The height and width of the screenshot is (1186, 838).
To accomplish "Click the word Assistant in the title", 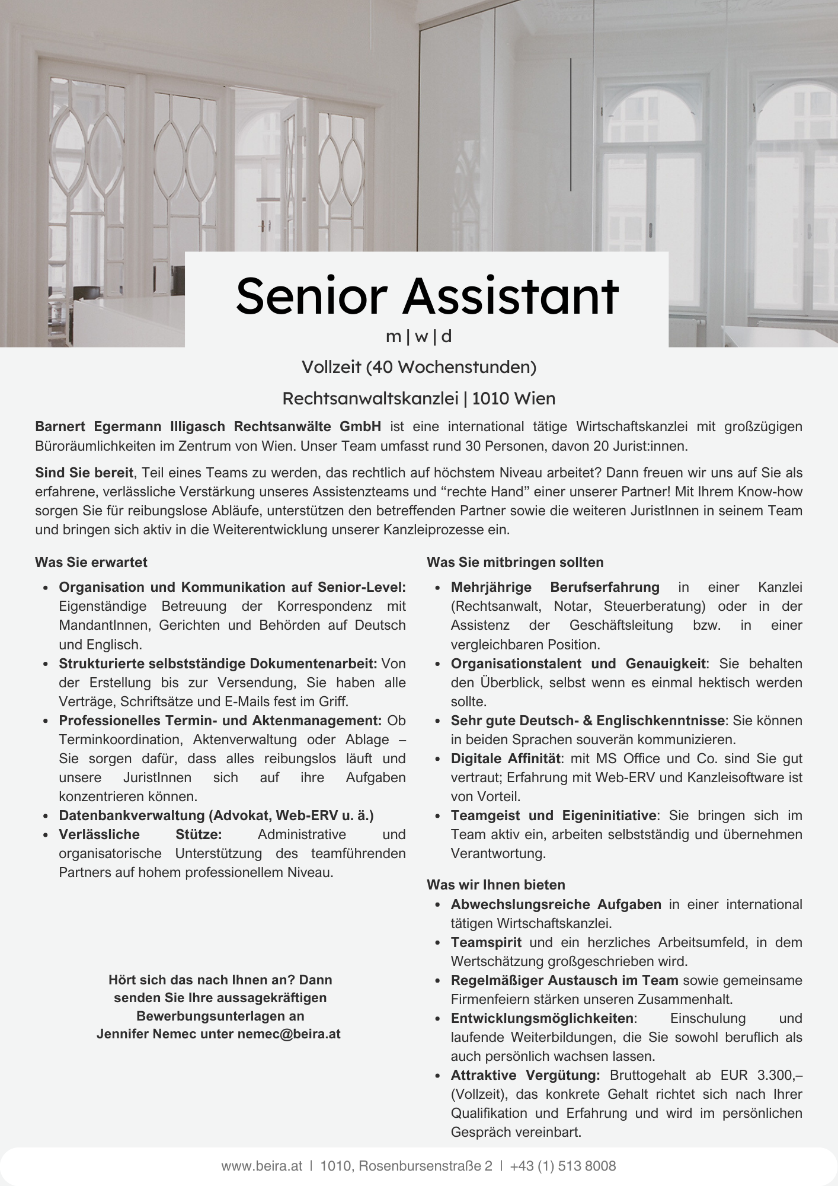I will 510,296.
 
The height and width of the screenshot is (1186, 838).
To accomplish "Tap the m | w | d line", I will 418,337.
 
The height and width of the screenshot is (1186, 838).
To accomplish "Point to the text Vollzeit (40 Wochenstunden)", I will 418,368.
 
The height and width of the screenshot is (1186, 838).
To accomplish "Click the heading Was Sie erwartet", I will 91,562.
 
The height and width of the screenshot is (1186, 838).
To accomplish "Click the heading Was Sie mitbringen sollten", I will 514,562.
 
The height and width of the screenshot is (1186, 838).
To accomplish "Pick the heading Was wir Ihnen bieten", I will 495,885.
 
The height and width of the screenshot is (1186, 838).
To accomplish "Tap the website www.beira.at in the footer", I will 261,1166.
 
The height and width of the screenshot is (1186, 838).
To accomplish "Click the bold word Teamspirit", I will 486,942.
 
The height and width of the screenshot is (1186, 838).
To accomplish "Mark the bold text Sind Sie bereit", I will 84,473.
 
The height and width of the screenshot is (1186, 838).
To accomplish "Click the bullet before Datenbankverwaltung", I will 46,817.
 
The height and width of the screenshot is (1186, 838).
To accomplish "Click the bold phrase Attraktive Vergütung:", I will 525,1075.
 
